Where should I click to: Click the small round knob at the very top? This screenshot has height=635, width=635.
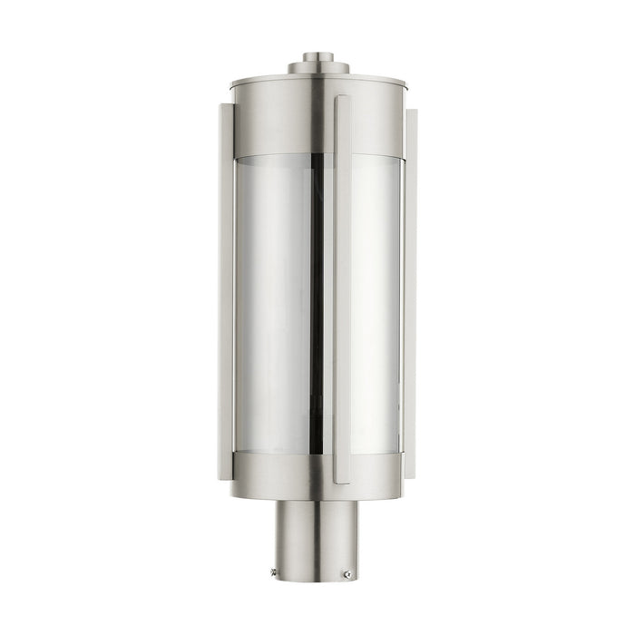coord(317,57)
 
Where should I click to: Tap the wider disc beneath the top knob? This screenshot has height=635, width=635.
coord(317,68)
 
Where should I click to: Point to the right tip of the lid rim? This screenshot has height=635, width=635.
coord(412,87)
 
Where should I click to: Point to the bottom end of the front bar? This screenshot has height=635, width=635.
coord(342,478)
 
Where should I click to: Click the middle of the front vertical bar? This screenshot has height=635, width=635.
coord(342,290)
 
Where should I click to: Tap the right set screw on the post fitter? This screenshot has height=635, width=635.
coord(347,574)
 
